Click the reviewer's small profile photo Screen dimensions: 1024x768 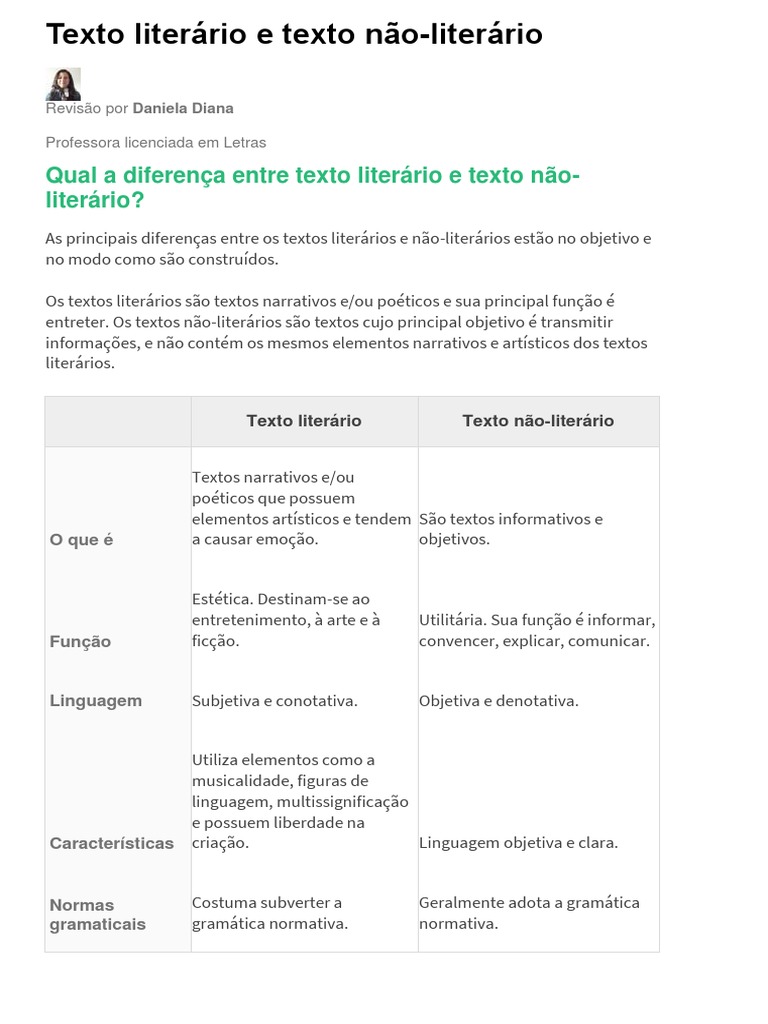[63, 84]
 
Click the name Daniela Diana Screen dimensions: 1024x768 [183, 108]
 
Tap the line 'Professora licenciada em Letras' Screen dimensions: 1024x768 [156, 142]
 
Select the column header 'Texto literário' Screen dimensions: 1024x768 [304, 421]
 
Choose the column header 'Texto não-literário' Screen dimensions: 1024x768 [538, 421]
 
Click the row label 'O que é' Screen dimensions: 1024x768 [82, 540]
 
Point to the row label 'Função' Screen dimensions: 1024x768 [80, 642]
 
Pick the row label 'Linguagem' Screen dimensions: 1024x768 [96, 701]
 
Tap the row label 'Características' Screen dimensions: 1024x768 [112, 843]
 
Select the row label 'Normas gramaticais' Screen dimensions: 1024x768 [98, 914]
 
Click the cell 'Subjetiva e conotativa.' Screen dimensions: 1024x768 [275, 701]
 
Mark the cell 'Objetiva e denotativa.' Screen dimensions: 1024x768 [499, 701]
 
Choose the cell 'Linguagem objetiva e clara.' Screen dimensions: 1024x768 [519, 843]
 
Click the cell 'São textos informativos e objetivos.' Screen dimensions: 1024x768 [511, 529]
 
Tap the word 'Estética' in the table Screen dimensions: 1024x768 [221, 599]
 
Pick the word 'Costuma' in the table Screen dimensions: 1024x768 [224, 902]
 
